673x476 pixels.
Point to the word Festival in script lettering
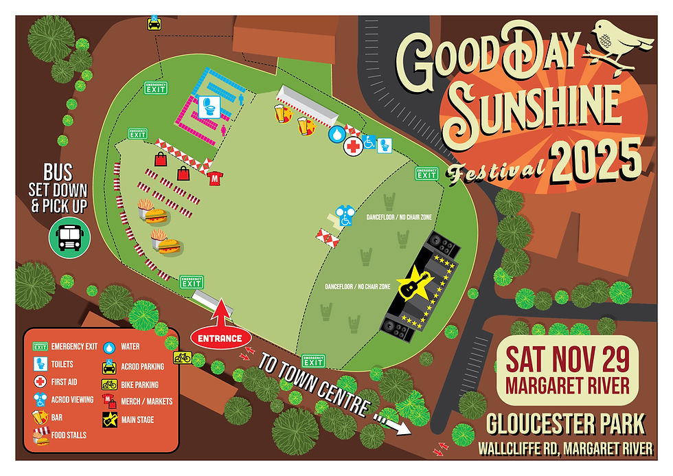(x=496, y=172)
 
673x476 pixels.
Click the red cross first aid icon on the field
(x=353, y=146)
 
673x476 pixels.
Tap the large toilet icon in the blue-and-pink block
(x=209, y=106)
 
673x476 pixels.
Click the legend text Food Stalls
(x=69, y=435)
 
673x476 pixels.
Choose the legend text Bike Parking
(x=139, y=385)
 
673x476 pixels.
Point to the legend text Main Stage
(x=137, y=419)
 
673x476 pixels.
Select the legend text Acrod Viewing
(x=73, y=400)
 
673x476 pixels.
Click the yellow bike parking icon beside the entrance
(x=182, y=356)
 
